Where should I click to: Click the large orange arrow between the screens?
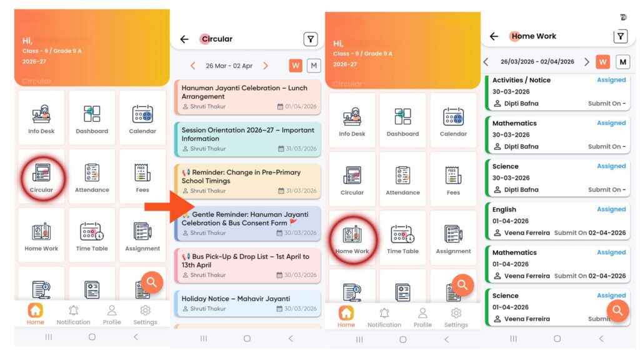point(169,207)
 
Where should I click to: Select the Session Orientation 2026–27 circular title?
point(247,134)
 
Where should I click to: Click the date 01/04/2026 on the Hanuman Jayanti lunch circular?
point(301,106)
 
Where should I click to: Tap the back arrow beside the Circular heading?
point(184,39)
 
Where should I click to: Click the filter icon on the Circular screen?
point(311,39)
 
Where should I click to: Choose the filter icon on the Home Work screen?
point(621,36)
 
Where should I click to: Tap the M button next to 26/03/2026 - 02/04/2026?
point(623,62)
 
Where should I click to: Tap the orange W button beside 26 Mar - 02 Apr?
point(296,65)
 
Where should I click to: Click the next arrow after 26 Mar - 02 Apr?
point(266,66)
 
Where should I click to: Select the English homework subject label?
point(504,209)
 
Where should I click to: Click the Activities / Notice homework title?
point(521,80)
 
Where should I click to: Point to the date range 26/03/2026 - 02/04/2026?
point(537,62)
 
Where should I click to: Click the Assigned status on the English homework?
point(611,209)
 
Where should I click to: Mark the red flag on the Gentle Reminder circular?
point(293,222)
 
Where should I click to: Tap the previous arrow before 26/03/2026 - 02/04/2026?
point(486,62)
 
